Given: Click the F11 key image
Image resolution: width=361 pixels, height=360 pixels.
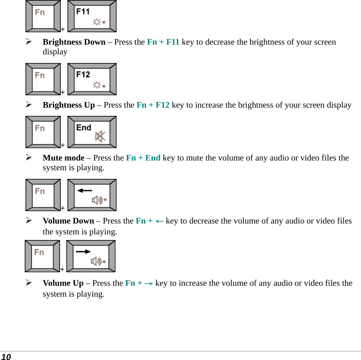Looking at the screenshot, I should point(92,16).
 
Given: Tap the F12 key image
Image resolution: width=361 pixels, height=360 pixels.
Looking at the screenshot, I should point(92,79).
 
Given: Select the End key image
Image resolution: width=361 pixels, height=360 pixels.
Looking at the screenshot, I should point(92,132).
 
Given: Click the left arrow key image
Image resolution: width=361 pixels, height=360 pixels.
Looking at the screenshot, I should point(92,195).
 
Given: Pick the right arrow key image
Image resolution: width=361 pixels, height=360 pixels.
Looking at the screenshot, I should point(91,256).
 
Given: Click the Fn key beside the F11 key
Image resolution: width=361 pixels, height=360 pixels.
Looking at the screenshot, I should point(43,16).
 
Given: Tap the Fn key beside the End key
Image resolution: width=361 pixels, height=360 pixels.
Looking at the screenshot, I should point(43,132).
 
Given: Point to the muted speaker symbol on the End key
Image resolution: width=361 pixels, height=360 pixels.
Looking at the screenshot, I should point(100,136).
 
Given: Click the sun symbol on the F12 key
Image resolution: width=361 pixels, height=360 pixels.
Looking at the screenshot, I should point(97,85).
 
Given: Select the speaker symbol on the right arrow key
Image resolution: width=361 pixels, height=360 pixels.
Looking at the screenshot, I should point(96,261).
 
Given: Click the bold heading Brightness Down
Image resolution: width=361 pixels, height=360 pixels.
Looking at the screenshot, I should point(74,42).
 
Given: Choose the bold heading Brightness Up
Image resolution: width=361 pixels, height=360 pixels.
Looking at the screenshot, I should point(69,105).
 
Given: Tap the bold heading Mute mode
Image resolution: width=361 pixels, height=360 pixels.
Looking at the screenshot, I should point(63,158).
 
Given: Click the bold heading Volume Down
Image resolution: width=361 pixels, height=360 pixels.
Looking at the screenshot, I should point(68,221).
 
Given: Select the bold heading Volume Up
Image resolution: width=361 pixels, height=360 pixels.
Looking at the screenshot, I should point(63,283).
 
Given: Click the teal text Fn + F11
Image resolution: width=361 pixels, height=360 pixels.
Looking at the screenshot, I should point(163,42).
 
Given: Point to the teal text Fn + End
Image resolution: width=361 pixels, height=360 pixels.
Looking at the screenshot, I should point(143,158).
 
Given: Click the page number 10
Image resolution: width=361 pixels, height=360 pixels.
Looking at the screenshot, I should point(6,357).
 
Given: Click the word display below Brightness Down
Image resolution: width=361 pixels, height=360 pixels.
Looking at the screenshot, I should point(55,52).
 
